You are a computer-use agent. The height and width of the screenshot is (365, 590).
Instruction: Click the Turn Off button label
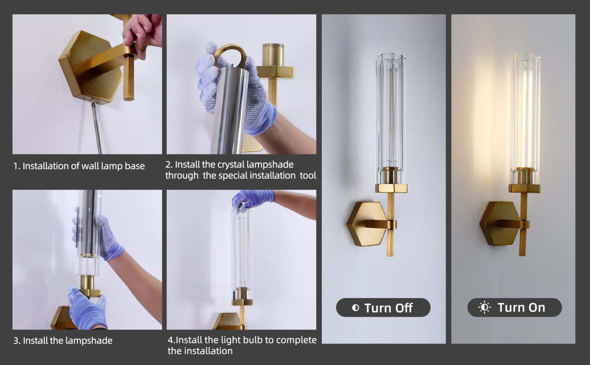click(x=388, y=308)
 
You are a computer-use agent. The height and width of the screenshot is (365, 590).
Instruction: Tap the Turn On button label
click(x=521, y=307)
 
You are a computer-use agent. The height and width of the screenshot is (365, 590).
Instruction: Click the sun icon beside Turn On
click(x=484, y=307)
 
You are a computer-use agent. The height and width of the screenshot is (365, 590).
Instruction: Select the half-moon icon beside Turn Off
click(x=355, y=308)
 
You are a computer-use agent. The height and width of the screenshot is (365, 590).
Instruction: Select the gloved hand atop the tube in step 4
click(x=251, y=199)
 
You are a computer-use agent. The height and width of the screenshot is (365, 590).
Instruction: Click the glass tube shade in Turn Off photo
click(x=390, y=114)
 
